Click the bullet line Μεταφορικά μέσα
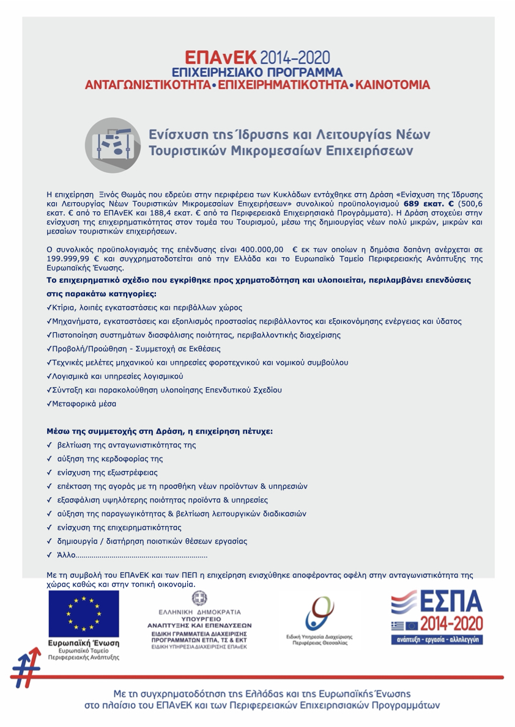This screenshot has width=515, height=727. coord(84,404)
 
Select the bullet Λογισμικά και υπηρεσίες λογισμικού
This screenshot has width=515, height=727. coord(117,376)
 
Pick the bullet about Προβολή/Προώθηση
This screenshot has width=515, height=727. coord(136,349)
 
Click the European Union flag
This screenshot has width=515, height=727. coord(84,613)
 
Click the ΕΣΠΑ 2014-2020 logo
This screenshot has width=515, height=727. coord(437,617)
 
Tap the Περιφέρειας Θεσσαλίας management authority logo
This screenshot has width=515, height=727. coord(320,620)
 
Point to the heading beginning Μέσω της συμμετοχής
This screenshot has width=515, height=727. coord(160,431)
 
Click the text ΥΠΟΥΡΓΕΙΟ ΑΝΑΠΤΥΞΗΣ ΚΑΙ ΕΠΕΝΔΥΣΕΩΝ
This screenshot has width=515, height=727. coord(199,622)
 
